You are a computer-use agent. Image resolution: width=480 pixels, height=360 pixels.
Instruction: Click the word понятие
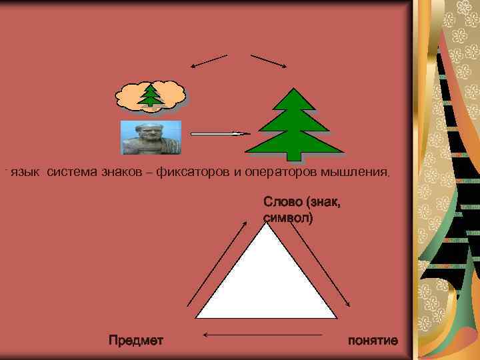click(373, 341)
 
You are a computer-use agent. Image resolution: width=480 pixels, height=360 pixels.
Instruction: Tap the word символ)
click(288, 217)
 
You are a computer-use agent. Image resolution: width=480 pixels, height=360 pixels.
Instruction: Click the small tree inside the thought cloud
click(152, 95)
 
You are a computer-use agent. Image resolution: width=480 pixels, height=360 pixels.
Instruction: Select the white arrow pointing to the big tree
click(220, 134)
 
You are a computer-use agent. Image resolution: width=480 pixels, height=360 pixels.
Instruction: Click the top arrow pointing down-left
click(209, 61)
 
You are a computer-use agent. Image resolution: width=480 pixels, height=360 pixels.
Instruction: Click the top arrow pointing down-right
click(269, 61)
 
